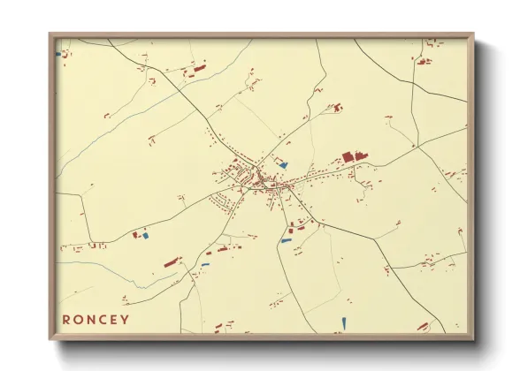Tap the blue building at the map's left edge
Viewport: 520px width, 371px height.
click(58, 54)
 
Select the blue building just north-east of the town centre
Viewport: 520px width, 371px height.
click(283, 165)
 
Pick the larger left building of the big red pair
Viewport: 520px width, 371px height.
click(348, 156)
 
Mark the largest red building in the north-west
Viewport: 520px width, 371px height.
click(197, 66)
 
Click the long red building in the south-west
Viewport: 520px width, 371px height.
click(172, 262)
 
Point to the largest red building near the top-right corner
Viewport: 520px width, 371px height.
click(422, 60)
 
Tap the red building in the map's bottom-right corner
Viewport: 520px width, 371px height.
click(424, 327)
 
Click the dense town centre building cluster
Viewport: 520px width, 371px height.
click(252, 179)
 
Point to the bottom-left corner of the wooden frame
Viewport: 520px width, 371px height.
click(50, 338)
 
